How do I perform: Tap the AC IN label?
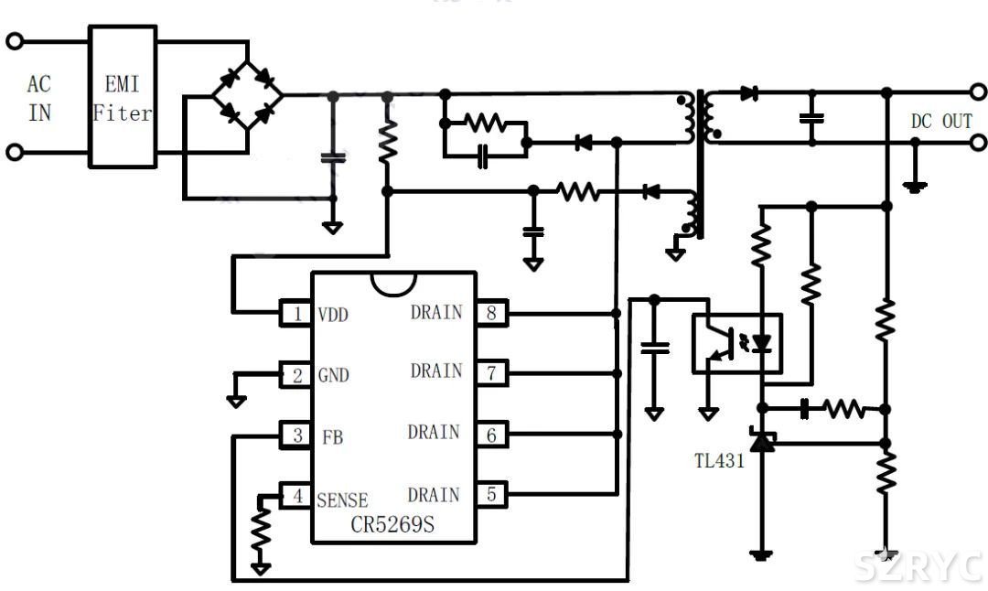coord(39,99)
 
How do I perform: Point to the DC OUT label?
coord(940,122)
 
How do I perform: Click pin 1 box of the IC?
coord(296,315)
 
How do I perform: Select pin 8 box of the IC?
coord(491,314)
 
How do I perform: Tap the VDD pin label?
coord(333,315)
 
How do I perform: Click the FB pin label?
coord(332,436)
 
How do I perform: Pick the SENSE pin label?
coord(342,500)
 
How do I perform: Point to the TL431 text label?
coord(719,461)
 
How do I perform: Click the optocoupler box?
coord(736,343)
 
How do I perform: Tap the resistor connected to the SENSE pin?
coord(262,532)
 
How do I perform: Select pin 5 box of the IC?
coord(491,495)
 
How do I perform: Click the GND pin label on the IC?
coord(333,375)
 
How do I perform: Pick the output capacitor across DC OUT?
coord(811,118)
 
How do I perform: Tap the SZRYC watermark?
coord(918,567)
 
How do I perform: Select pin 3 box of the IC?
coord(296,435)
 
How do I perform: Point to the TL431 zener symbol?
coord(759,442)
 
